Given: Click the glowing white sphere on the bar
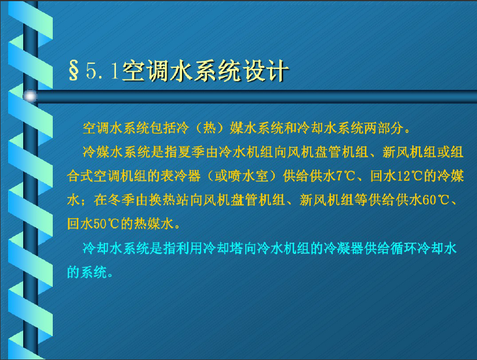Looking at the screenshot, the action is pos(30,96).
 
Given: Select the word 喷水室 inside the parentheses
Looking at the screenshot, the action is pos(248,176).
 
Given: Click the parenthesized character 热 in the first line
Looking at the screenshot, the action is pos(209,128).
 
